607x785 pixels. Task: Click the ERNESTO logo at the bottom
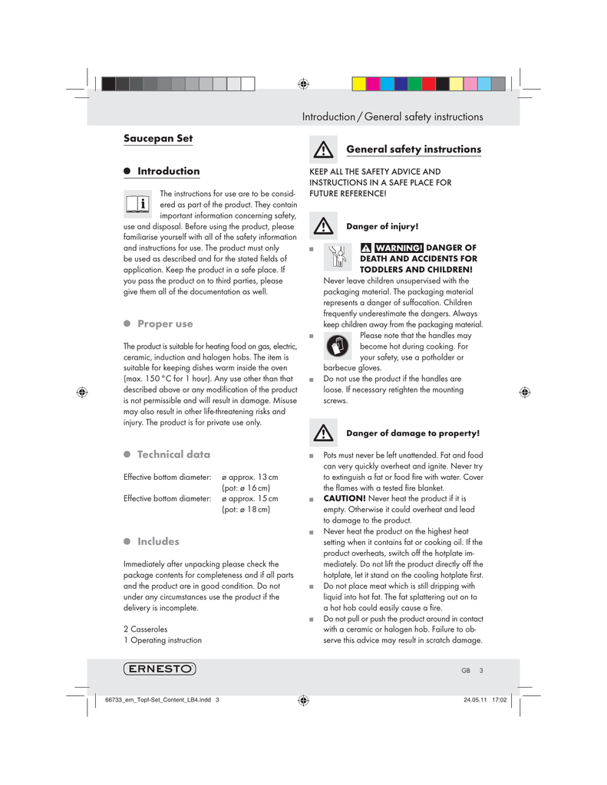(x=159, y=668)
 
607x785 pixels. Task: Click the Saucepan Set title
(x=158, y=139)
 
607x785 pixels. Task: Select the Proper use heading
(x=165, y=324)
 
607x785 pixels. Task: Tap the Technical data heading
(x=173, y=455)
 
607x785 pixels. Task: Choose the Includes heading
(x=158, y=541)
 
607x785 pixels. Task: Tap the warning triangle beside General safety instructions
(x=324, y=149)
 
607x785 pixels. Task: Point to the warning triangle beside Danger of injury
(x=324, y=226)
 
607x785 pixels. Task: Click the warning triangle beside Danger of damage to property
(x=324, y=432)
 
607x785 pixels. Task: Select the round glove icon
(x=338, y=346)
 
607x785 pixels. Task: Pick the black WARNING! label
(x=398, y=248)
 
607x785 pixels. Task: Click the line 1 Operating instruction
(x=163, y=640)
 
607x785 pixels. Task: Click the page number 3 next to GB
(x=480, y=670)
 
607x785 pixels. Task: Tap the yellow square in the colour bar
(x=359, y=84)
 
